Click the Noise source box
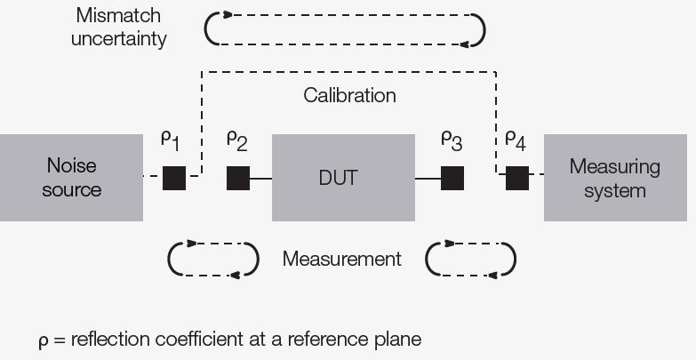(x=71, y=178)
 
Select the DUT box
(x=343, y=178)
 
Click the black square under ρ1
(x=174, y=178)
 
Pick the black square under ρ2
(x=238, y=178)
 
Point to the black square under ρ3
(x=452, y=178)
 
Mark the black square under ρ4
(x=517, y=178)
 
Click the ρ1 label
(x=170, y=140)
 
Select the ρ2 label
(x=236, y=140)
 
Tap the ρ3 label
(x=451, y=140)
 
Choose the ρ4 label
(x=516, y=140)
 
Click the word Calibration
(x=349, y=95)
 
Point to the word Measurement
(x=341, y=260)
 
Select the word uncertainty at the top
(x=118, y=40)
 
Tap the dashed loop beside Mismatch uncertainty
(x=345, y=29)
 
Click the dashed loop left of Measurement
(x=213, y=259)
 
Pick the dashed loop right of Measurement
(x=471, y=259)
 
